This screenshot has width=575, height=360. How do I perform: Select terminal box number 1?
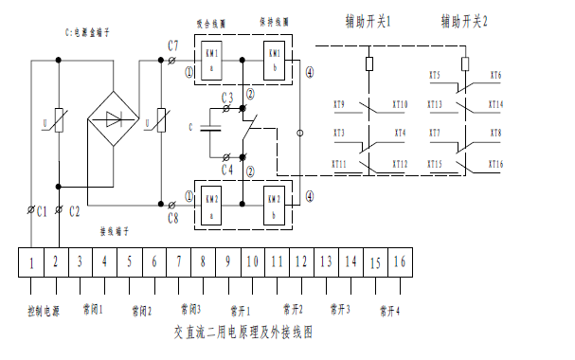31,261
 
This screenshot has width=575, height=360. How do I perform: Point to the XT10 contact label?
399,105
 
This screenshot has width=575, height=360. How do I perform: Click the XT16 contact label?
494,165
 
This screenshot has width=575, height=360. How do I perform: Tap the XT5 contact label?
435,75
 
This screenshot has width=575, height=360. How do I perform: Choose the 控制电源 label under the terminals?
43,310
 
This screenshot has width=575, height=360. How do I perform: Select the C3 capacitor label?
227,98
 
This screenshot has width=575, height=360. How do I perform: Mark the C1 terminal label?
42,211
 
